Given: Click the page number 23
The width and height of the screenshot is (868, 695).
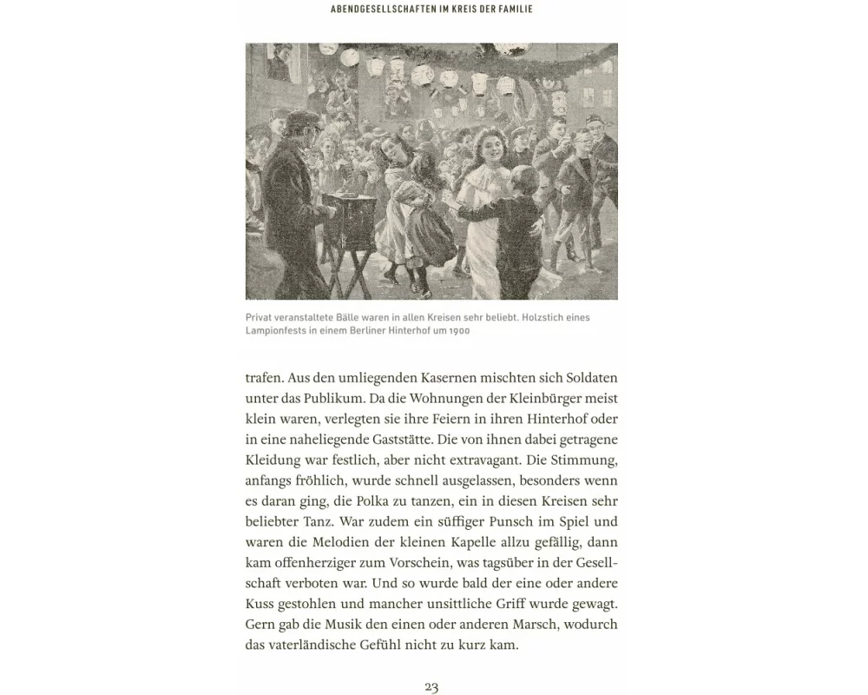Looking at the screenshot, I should tap(431, 686).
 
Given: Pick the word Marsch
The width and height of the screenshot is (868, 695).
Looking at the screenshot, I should tap(510, 624).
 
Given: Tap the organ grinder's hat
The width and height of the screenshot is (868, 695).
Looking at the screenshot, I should tap(300, 119).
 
